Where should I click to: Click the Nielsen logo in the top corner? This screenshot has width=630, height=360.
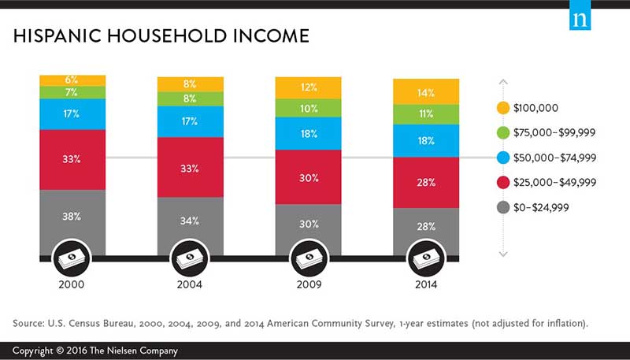(581, 17)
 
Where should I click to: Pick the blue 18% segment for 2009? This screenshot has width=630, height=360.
(308, 133)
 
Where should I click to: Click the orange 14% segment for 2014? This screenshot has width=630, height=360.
(426, 92)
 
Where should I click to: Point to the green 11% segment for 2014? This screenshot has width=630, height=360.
(426, 114)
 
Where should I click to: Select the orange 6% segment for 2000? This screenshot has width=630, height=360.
(72, 80)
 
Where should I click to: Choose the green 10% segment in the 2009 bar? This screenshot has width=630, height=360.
(308, 108)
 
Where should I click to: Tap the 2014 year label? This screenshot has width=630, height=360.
(426, 285)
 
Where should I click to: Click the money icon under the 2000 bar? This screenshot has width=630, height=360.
(72, 258)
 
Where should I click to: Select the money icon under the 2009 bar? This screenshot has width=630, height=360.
(308, 258)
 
